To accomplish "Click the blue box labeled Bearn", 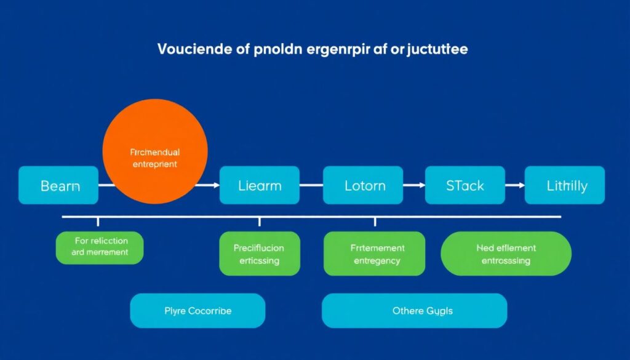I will point(58,185).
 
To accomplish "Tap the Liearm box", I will point(259,185).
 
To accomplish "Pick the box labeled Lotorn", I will point(365,185).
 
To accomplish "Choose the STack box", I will point(464,185).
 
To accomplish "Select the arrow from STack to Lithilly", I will point(514,185).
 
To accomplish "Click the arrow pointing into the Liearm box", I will point(212,185).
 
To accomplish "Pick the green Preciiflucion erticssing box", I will point(259,254).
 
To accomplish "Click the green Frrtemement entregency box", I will point(374,254).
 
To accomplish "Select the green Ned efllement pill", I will point(506,254).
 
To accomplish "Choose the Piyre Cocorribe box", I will point(197,311).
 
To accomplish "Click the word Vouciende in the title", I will point(195,49).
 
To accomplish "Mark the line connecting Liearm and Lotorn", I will point(311,185).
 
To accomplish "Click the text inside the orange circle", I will point(154,158).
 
